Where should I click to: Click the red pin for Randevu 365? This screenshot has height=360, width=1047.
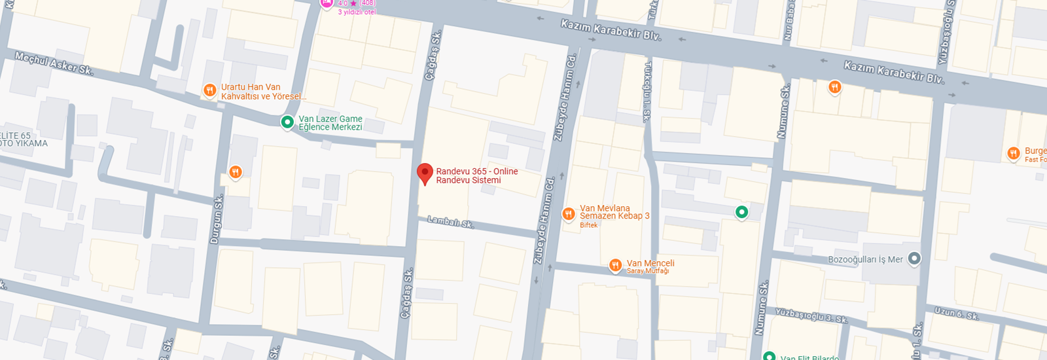425,173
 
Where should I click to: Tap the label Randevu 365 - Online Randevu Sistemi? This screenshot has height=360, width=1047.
476,175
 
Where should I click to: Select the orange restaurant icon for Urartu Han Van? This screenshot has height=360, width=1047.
209,90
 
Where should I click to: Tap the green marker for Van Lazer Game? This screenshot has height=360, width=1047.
287,122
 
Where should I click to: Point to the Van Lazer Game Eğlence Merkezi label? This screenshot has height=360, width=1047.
330,123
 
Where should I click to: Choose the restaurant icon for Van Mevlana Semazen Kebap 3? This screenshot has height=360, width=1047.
568,213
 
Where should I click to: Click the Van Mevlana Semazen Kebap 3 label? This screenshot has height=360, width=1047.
614,212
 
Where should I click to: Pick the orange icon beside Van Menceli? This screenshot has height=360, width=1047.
615,264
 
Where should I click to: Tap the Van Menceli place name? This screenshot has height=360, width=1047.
650,263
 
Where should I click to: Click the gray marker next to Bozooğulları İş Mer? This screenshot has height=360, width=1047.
914,259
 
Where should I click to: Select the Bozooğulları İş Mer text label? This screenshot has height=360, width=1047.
864,259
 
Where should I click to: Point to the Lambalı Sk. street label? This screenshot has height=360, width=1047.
450,222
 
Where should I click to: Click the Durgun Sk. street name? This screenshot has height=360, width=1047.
216,219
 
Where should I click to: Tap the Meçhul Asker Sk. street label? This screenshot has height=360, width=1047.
54,63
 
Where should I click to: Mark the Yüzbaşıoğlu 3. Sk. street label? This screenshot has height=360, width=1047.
811,315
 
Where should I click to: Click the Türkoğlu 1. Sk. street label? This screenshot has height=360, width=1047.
647,92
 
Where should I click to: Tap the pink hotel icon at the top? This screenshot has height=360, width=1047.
326,3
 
